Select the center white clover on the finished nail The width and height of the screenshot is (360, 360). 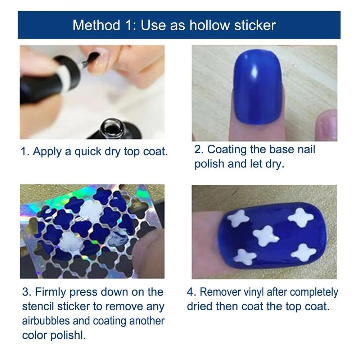(266, 236)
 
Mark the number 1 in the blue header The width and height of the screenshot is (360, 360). (129, 25)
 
